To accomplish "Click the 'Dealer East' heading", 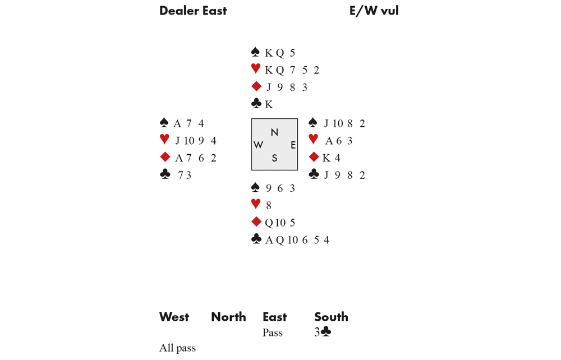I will [193, 11].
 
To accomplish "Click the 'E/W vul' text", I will [374, 11].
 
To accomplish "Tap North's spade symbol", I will [256, 53].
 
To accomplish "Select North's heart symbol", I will [256, 69].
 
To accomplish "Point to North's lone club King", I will [269, 104].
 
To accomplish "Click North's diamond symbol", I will [256, 86].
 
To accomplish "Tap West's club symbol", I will [165, 175].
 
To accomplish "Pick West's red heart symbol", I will [164, 140].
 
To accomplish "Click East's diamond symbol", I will [314, 158].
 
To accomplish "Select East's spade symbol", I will [314, 123].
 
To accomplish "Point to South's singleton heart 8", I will [269, 206].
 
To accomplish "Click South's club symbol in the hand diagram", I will [256, 239].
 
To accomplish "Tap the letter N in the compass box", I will [274, 132].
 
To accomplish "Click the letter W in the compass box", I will [258, 145].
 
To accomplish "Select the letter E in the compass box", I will [293, 145].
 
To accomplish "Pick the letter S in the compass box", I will [274, 159].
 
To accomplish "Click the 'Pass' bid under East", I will [273, 333].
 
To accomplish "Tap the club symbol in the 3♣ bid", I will [326, 333].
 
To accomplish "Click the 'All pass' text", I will [177, 348].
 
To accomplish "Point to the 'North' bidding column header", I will [228, 317].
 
